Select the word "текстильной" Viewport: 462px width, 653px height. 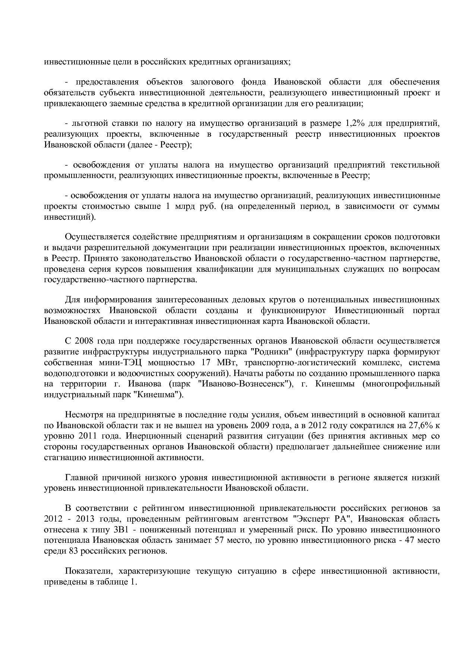pyautogui.click(x=418, y=165)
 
